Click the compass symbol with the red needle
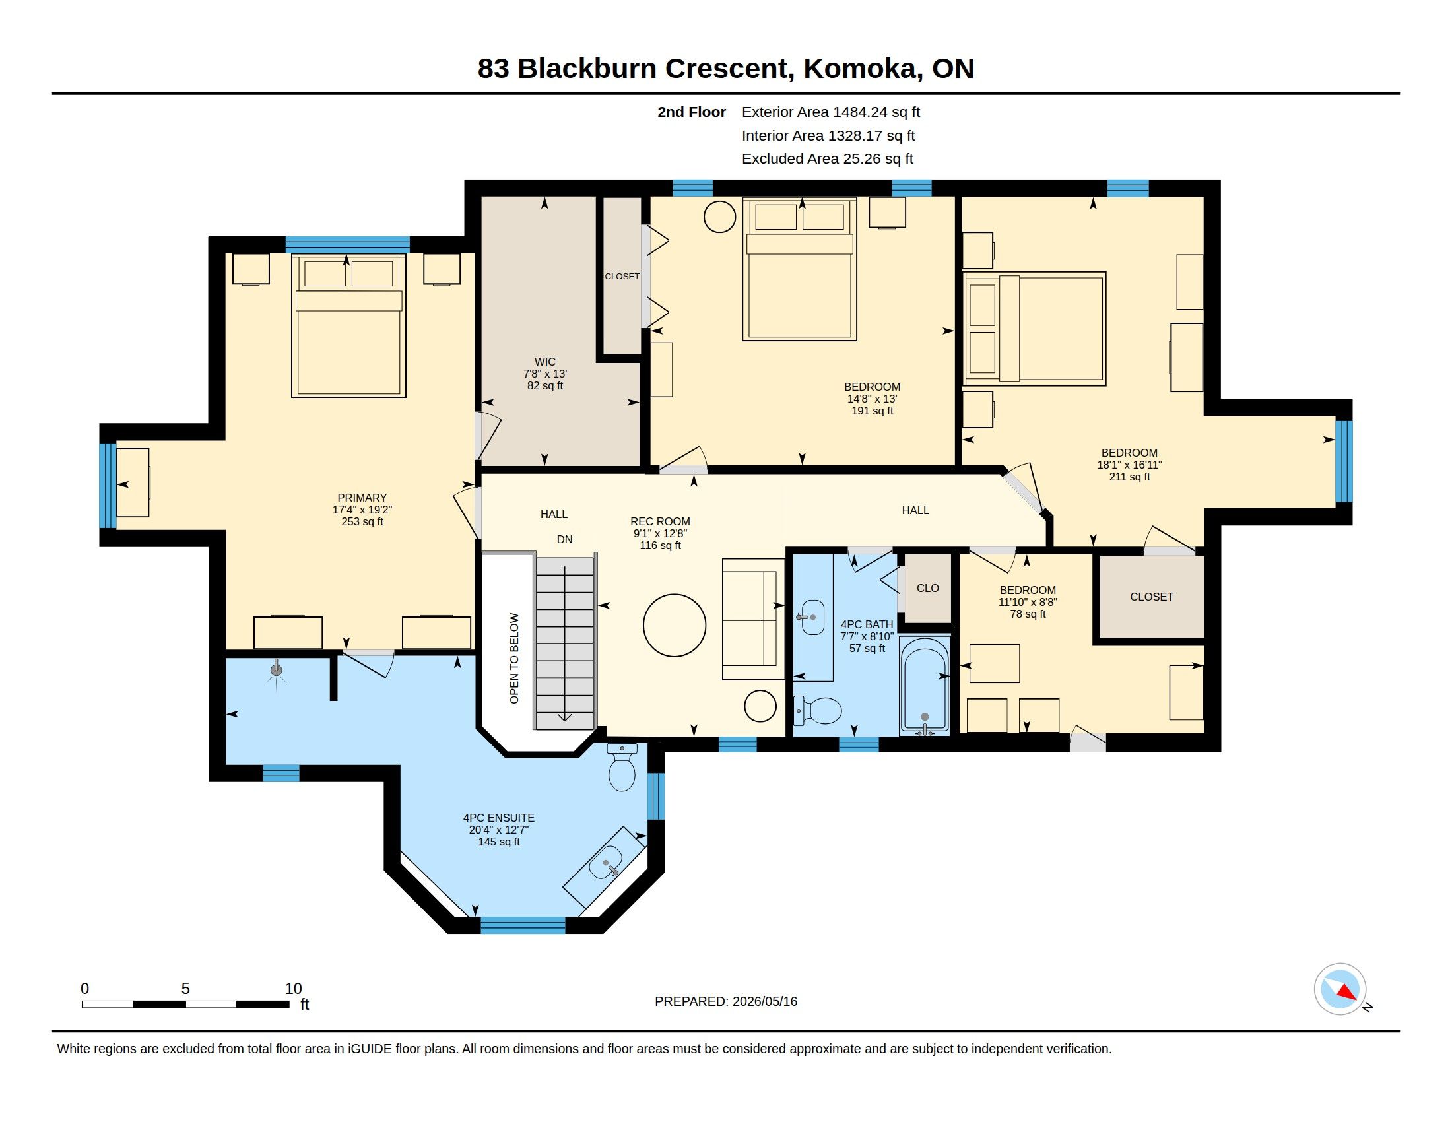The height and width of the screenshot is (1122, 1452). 1340,989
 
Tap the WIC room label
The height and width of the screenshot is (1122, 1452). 544,362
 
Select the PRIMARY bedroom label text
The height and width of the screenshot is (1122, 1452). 362,498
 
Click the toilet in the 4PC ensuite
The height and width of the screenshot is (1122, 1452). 622,767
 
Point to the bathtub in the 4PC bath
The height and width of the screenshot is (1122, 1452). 925,685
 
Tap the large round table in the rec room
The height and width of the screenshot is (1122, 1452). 674,626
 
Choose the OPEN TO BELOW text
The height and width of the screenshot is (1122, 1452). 514,658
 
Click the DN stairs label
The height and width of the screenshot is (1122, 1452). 564,539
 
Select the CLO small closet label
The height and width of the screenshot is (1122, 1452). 927,588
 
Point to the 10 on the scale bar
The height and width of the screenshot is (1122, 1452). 293,989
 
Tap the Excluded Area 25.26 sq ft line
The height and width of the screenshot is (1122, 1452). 828,159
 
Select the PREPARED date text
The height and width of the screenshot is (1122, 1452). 726,1001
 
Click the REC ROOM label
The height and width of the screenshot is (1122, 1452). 660,522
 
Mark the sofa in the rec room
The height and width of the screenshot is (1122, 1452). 754,619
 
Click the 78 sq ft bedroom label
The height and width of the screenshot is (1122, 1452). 1028,614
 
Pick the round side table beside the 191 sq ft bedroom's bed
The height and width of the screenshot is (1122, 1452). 719,216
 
